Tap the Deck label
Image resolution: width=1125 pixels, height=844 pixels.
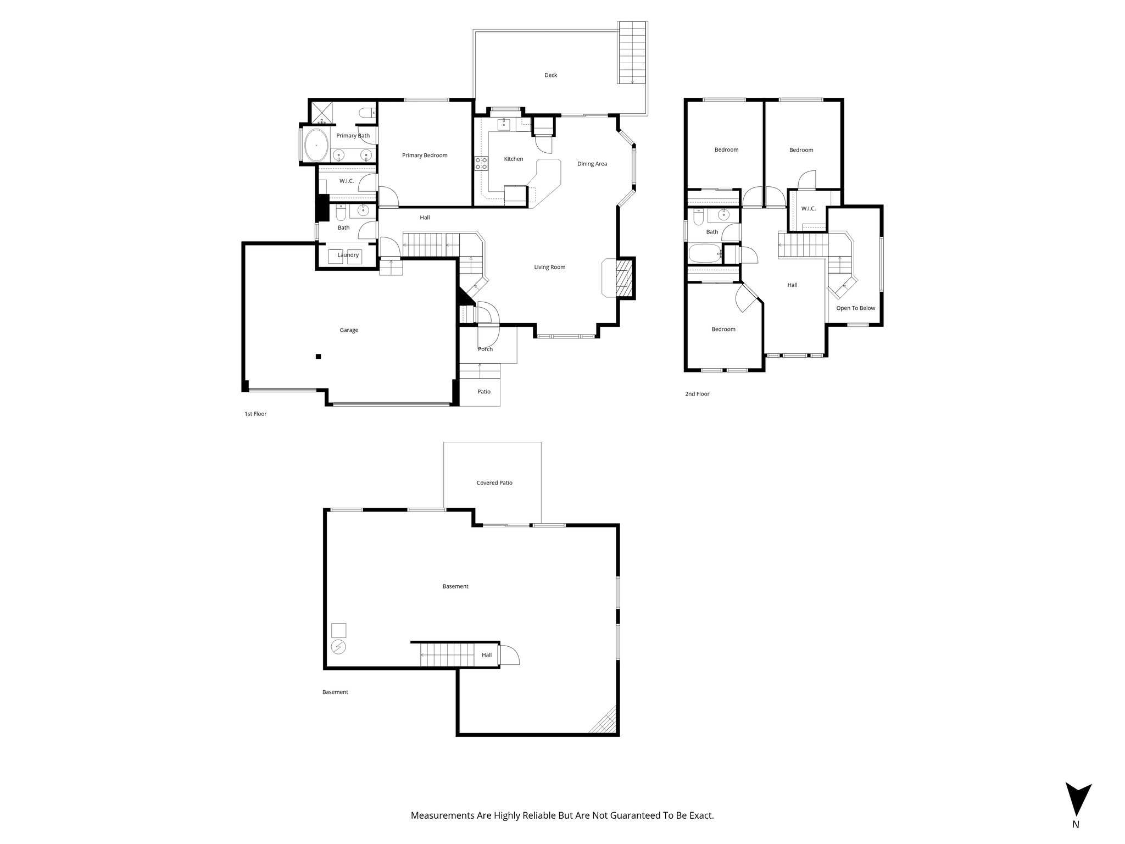point(550,75)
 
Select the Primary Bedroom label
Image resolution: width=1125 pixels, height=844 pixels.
point(425,156)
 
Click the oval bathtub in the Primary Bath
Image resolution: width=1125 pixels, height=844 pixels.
point(316,145)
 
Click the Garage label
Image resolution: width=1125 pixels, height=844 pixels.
point(349,330)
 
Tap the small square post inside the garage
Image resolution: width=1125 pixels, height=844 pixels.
point(318,357)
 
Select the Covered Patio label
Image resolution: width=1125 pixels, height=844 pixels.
point(494,483)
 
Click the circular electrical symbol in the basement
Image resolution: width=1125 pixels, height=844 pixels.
point(338,647)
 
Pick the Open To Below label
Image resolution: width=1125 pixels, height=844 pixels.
point(855,308)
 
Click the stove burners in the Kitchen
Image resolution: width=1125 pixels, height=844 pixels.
point(481,163)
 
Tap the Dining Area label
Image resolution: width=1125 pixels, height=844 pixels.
point(592,164)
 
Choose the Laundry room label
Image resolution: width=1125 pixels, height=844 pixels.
point(348,255)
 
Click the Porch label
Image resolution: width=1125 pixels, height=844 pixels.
point(485,349)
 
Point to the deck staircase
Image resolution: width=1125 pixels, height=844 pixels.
point(632,53)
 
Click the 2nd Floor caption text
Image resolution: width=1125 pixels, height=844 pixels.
point(697,394)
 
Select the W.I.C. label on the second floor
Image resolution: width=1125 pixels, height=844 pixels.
point(808,209)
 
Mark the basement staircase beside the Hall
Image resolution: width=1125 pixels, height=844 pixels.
point(447,655)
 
